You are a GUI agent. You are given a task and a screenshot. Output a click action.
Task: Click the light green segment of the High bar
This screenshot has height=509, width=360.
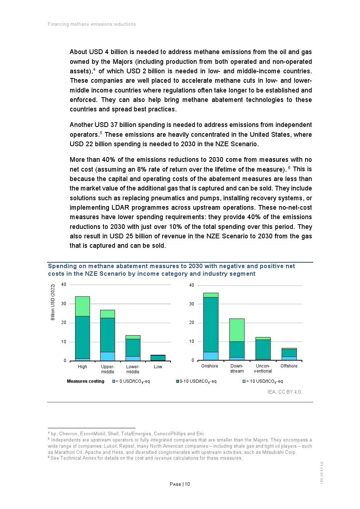coord(82,306)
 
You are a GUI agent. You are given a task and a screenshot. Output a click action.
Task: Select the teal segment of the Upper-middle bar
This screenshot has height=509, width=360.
coord(107,335)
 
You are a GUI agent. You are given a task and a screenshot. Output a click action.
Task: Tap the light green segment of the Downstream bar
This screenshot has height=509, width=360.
coord(237,330)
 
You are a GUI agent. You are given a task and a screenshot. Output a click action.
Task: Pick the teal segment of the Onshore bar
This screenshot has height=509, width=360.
coord(210,324)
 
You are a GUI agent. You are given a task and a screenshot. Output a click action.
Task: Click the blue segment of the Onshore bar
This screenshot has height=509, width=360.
coord(210,356)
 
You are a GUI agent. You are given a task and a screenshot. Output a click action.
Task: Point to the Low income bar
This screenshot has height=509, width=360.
coord(158,358)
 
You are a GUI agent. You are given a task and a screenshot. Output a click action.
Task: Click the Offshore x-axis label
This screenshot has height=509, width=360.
coord(289,366)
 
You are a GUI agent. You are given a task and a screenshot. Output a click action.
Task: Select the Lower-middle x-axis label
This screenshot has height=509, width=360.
coord(132,369)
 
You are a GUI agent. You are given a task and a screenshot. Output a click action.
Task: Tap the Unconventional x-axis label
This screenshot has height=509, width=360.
coord(263,369)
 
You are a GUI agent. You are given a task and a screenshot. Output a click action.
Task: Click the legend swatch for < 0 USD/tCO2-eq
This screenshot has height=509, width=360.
coord(114,381)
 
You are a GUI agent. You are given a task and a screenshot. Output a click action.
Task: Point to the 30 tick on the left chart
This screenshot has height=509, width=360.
coord(64,304)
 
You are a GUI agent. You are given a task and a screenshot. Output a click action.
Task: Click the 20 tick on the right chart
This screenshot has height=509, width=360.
coord(192,323)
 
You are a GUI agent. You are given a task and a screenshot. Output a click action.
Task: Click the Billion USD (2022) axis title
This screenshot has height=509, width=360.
coord(53,302)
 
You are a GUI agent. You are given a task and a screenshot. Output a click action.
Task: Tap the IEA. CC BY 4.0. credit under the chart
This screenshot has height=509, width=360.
coord(285,392)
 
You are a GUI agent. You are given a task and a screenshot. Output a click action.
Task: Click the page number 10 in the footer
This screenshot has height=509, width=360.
coord(187,484)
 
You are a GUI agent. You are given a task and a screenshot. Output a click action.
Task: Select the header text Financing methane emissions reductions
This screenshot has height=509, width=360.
coord(92,24)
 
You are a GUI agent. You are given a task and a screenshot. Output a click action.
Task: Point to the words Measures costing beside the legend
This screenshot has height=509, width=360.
coord(86,381)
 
